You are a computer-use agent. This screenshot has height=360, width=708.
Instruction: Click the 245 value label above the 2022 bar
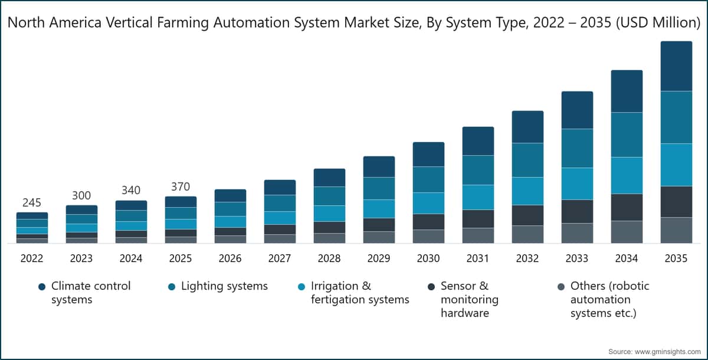[32, 203]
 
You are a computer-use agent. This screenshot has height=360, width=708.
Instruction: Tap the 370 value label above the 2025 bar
[181, 187]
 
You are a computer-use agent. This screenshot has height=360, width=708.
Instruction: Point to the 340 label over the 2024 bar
[131, 191]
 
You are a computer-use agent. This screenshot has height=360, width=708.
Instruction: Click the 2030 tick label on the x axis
[428, 258]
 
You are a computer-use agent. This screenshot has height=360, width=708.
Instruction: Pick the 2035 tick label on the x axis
[676, 258]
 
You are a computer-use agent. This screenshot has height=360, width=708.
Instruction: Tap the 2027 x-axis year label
[280, 258]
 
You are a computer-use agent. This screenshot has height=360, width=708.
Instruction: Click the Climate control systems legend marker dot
[41, 287]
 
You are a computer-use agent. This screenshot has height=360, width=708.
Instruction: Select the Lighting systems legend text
[224, 286]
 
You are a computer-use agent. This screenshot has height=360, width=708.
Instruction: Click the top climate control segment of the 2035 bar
[676, 66]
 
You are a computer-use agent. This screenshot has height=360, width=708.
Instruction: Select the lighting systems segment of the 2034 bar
[627, 135]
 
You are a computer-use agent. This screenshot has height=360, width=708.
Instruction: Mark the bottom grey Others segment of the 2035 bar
[676, 230]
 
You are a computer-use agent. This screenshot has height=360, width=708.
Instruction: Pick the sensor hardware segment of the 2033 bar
[577, 211]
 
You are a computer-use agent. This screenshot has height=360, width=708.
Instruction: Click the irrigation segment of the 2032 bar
[527, 191]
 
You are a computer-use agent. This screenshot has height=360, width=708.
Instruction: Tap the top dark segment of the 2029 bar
[379, 167]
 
